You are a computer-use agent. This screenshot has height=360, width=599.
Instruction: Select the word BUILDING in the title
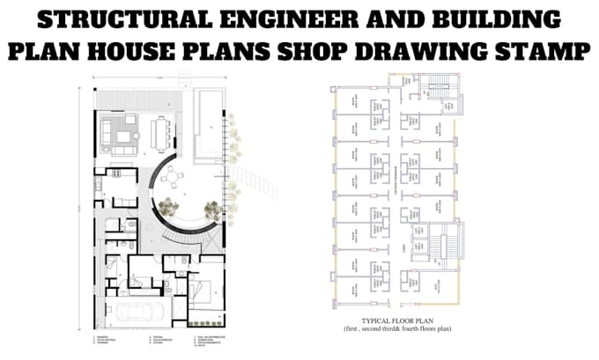tap(488, 18)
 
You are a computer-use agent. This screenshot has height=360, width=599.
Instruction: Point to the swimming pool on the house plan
tap(208, 123)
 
